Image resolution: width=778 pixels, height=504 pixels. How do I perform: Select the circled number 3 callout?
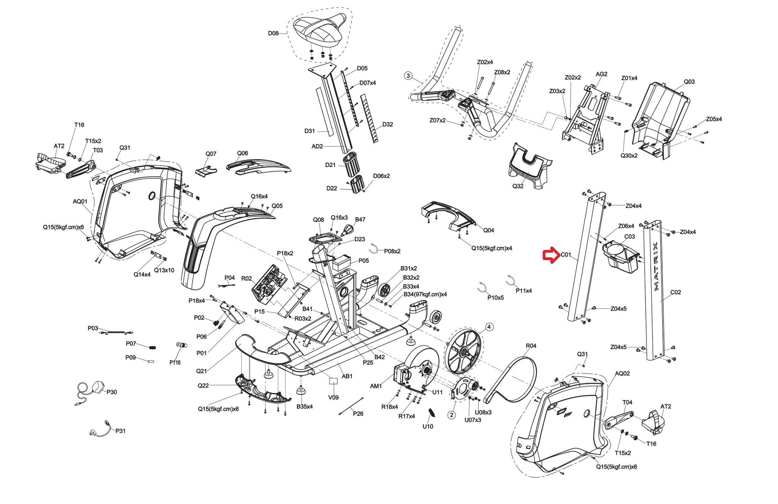[x=408, y=76]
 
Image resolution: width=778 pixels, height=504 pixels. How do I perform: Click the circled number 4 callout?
[x=489, y=327]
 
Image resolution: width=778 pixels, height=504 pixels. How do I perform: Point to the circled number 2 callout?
[x=451, y=415]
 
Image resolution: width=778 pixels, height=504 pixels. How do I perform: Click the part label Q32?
[x=518, y=186]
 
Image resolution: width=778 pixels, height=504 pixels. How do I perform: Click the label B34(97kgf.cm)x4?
[x=425, y=294]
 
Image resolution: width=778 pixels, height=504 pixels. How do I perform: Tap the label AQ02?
[x=622, y=374]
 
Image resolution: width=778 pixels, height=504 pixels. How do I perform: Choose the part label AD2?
[x=317, y=146]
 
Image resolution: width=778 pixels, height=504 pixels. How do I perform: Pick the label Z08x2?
[x=502, y=72]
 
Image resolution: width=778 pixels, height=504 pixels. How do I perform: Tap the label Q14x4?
[x=142, y=274]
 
